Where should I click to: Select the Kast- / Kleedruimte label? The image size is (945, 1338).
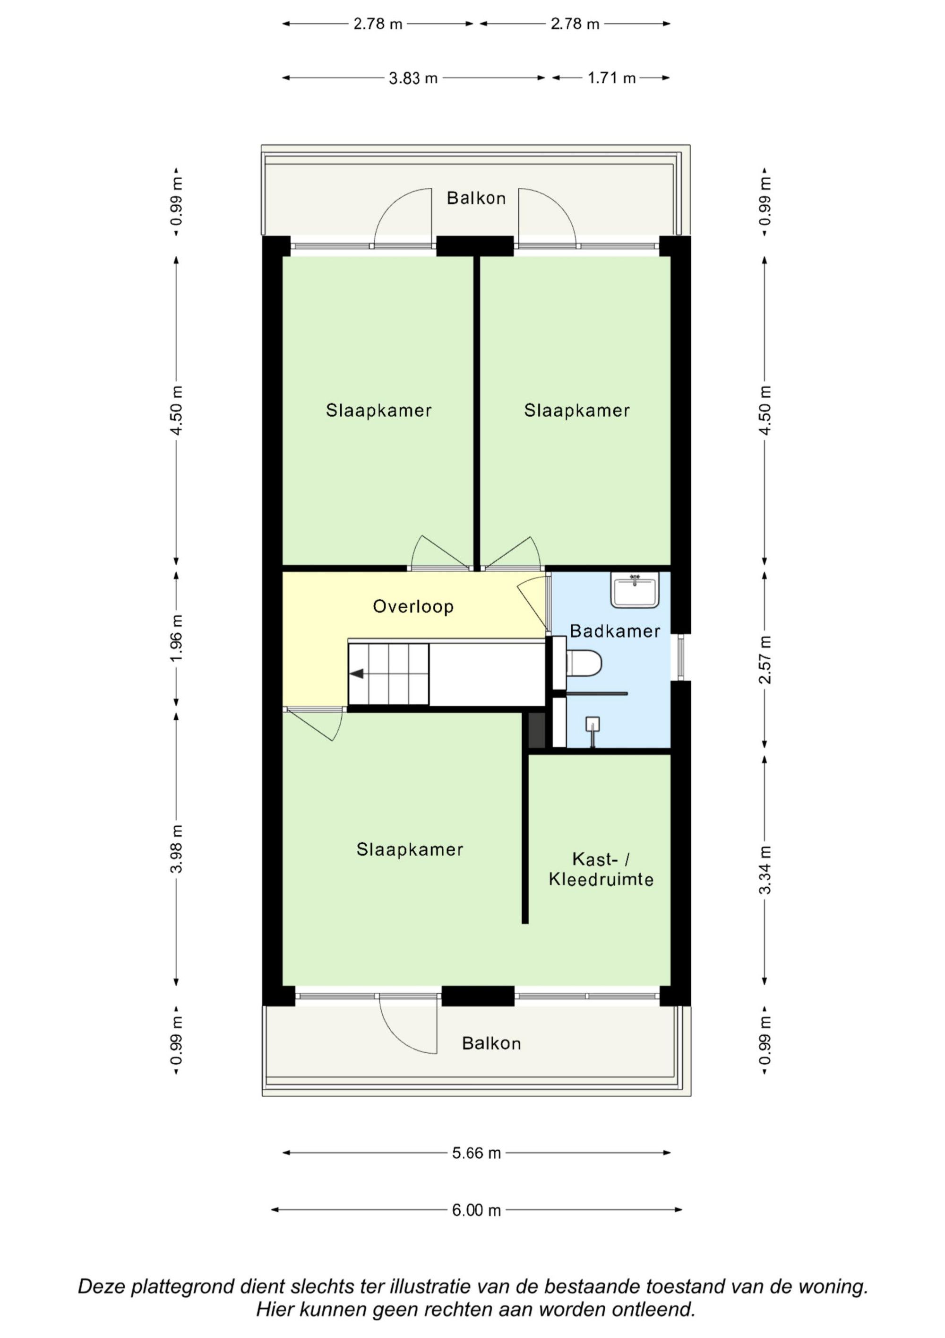point(601,869)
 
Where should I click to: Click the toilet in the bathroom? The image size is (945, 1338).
point(584,663)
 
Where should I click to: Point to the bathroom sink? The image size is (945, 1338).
point(635,590)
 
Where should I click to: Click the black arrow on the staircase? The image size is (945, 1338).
point(356,673)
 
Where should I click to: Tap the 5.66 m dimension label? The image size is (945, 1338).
point(476,1153)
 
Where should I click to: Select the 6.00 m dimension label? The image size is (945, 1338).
point(476,1210)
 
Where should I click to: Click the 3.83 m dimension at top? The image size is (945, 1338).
point(413,78)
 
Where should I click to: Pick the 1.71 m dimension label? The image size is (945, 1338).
point(611,78)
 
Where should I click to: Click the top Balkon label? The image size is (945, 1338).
point(476,198)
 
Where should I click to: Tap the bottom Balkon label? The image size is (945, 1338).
point(491,1043)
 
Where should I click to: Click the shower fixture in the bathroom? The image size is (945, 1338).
point(592,731)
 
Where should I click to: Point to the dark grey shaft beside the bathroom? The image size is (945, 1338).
point(536,730)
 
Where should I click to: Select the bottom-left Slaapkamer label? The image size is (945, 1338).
point(410,849)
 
